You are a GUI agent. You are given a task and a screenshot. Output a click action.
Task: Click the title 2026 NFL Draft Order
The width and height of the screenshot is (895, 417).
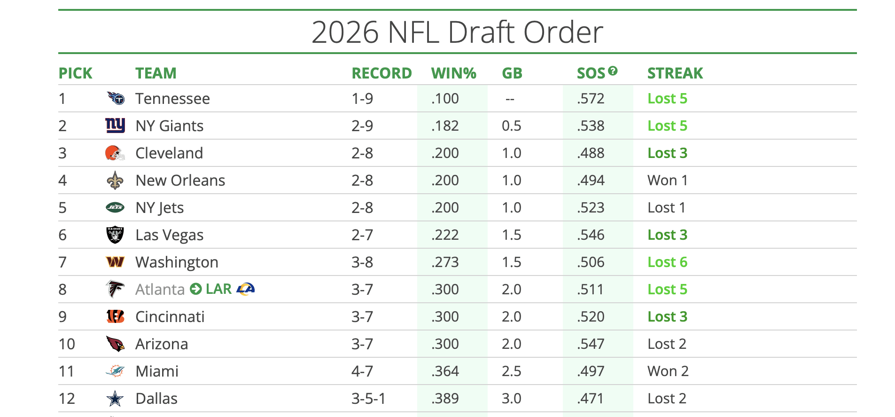(x=457, y=32)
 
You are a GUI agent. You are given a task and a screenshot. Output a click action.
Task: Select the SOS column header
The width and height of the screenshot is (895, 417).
(x=591, y=73)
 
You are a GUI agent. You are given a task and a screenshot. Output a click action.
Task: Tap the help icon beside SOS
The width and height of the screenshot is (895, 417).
(x=613, y=71)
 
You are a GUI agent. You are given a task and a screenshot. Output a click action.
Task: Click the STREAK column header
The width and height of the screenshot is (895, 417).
(x=675, y=73)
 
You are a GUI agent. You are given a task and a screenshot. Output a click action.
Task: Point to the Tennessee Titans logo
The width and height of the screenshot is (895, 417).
(x=116, y=98)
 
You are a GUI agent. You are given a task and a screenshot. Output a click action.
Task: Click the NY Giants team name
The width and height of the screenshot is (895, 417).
(x=169, y=126)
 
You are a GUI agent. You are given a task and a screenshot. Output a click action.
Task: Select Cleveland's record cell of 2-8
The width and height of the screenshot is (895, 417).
(x=362, y=153)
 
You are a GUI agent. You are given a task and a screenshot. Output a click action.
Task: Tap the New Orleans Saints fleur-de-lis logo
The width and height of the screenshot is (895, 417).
(x=115, y=181)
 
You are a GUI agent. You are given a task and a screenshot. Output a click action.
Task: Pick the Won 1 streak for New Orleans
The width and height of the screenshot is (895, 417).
(x=667, y=181)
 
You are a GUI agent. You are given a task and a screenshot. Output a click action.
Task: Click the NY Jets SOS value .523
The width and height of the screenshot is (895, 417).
(x=591, y=208)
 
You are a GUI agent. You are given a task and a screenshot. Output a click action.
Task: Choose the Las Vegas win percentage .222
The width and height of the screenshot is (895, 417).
(x=445, y=235)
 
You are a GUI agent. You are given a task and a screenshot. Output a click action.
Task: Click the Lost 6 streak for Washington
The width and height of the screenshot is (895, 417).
(x=667, y=262)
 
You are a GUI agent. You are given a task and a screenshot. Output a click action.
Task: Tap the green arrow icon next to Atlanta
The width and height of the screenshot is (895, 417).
(x=196, y=289)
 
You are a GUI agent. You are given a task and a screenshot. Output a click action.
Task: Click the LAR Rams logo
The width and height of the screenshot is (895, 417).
(x=246, y=289)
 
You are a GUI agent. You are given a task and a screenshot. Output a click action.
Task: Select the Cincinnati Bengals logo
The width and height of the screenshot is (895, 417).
(x=115, y=317)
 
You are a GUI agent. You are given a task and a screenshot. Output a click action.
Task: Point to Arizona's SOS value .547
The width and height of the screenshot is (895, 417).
(x=591, y=344)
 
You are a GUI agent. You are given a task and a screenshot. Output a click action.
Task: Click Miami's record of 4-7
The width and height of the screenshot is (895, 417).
(x=362, y=371)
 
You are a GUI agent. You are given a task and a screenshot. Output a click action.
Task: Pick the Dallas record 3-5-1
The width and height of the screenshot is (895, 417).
(x=368, y=399)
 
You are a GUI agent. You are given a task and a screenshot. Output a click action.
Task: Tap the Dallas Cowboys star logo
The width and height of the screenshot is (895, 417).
(x=115, y=399)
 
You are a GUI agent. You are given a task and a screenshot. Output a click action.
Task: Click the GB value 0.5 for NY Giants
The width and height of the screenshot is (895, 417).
(x=511, y=126)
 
